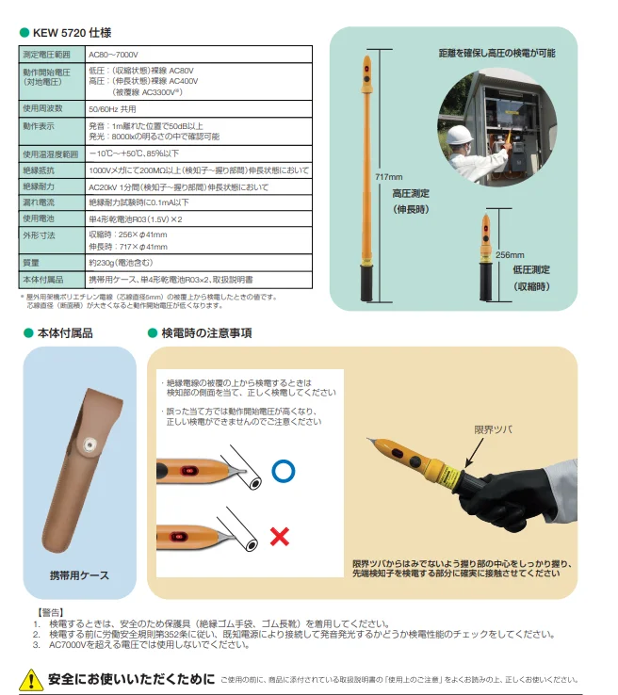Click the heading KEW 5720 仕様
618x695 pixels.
[72, 33]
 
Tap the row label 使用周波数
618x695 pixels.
[42, 108]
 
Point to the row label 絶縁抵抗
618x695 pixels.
[39, 170]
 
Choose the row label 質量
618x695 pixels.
[31, 263]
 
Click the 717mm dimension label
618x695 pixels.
[389, 177]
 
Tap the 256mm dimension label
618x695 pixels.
[510, 255]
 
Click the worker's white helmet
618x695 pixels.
[460, 135]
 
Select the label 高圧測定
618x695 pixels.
[411, 194]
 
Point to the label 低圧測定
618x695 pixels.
[531, 269]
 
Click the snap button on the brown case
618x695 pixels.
[90, 444]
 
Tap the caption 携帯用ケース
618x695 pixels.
[79, 575]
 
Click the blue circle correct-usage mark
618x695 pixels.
[284, 471]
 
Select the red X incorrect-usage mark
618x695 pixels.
[279, 537]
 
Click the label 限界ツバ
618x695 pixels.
[493, 429]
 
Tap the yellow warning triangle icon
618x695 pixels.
[31, 680]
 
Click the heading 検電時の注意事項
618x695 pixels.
[206, 333]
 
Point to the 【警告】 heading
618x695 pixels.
[50, 612]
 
